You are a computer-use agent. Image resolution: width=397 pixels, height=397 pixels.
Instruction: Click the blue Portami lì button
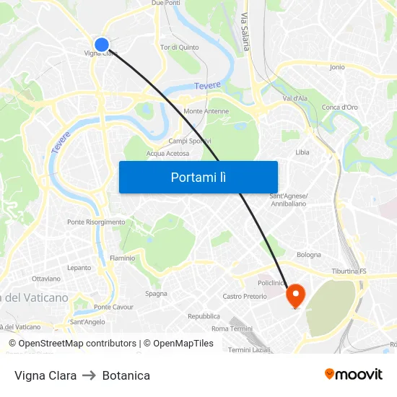point(198,177)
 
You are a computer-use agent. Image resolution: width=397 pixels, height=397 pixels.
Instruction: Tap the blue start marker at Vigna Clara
point(102,45)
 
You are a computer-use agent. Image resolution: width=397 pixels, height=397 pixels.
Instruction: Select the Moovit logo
point(353,374)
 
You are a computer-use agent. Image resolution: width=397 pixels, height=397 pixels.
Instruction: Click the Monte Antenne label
point(206,111)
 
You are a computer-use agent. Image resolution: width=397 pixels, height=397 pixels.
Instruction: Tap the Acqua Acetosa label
point(167,153)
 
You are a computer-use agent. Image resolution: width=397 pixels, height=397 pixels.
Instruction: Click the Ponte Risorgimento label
point(96,222)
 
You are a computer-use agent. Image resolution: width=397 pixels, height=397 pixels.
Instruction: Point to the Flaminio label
point(122,258)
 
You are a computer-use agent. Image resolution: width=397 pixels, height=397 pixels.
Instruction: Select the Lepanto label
point(79,267)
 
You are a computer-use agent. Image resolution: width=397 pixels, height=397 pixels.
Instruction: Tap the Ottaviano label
point(46,278)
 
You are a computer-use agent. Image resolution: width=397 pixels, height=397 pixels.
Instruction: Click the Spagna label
point(156,293)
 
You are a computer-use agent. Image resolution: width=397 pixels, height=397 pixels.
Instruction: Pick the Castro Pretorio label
point(245,296)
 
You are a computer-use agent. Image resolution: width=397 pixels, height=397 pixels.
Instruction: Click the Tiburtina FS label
point(349,271)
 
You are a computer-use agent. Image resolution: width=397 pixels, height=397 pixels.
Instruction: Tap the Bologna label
point(309,254)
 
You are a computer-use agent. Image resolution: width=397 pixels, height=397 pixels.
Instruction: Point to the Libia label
point(302,152)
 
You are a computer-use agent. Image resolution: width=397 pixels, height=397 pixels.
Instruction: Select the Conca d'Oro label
point(340,107)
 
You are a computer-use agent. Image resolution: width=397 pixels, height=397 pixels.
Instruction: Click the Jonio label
point(337,67)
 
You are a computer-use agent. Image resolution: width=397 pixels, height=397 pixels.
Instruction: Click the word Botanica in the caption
point(126,375)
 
